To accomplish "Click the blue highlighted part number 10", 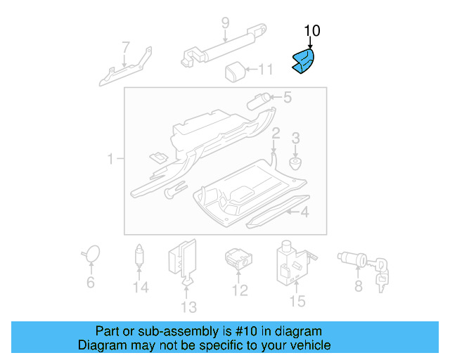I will pyautogui.click(x=304, y=61).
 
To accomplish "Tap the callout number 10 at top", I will pyautogui.click(x=311, y=30).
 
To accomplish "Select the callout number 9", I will pyautogui.click(x=225, y=22).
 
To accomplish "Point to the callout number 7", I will pyautogui.click(x=126, y=48).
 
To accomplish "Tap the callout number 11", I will pyautogui.click(x=264, y=70).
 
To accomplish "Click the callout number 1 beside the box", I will pyautogui.click(x=110, y=160).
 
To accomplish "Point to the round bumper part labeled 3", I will pyautogui.click(x=295, y=163).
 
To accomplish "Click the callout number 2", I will pyautogui.click(x=276, y=133).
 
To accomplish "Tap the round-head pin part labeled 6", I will pyautogui.click(x=90, y=254).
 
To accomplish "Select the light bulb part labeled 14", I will pyautogui.click(x=141, y=255).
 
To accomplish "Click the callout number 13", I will pyautogui.click(x=188, y=307).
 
